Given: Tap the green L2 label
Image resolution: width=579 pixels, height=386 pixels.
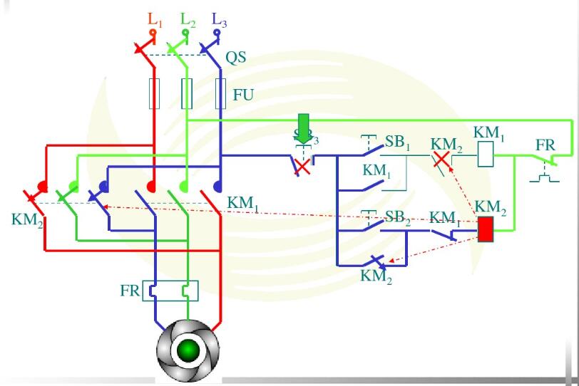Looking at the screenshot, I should point(188,19).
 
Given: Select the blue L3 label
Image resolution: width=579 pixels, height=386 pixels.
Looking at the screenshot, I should point(220,19).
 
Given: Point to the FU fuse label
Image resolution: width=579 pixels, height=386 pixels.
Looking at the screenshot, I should point(243,94).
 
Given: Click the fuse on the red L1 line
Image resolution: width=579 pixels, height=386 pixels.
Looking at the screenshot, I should point(154,94).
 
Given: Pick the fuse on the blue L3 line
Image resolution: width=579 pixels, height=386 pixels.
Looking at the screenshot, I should point(221,94).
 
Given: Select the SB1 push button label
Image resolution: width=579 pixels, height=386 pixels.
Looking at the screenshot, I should point(398,142).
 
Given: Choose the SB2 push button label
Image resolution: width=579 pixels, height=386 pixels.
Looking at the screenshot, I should point(398,217).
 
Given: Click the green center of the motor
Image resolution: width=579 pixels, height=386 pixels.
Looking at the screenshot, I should point(188,350).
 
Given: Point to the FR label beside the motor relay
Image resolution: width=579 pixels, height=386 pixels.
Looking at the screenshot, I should point(130,291).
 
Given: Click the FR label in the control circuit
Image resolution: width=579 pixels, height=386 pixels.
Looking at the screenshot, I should point(545,145).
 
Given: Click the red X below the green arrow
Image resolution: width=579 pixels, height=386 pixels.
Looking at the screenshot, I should point(303,167).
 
